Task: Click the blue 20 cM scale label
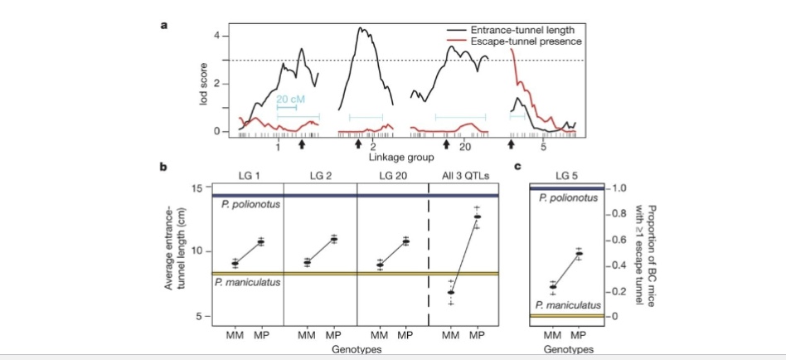[x=290, y=99]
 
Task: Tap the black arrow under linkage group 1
[x=302, y=144]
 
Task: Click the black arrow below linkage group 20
[x=446, y=144]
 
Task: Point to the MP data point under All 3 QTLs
[x=477, y=216]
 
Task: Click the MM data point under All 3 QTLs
[x=451, y=292]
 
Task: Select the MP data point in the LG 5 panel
[x=579, y=254]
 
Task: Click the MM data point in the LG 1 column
[x=235, y=264]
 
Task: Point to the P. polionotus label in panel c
[x=567, y=198]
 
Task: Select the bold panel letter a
[x=164, y=26]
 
